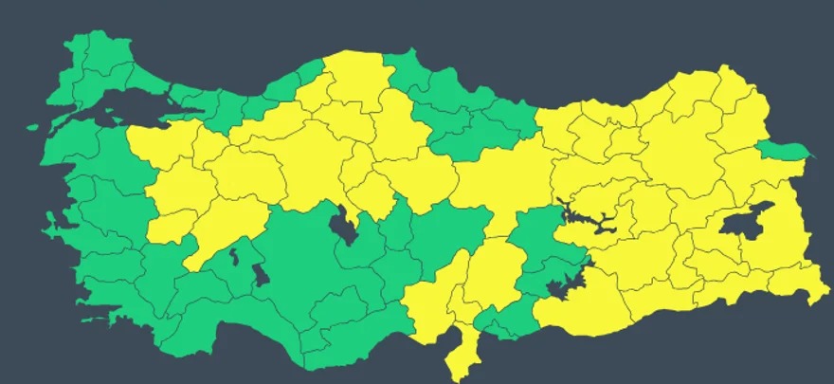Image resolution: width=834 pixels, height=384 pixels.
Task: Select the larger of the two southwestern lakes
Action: pos(259,275)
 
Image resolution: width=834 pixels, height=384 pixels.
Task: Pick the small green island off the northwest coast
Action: pos(32,127)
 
